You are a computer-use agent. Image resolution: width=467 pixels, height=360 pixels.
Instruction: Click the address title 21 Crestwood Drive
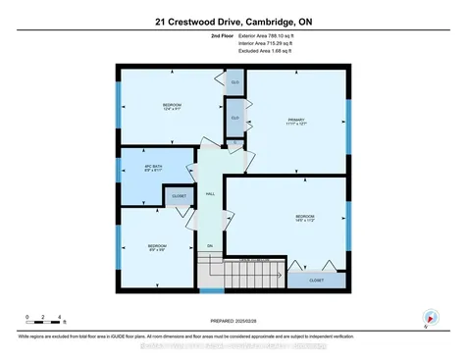233,21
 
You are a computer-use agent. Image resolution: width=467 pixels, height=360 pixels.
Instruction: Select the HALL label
209,193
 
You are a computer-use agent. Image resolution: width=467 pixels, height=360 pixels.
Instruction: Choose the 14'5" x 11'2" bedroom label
304,218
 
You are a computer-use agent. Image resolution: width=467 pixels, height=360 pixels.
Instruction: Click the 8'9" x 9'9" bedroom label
157,247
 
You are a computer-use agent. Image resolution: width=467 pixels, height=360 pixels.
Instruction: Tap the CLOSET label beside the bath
179,196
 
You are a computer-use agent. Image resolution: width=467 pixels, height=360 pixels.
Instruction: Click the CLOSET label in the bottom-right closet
316,280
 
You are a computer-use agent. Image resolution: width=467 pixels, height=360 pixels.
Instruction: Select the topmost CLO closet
234,81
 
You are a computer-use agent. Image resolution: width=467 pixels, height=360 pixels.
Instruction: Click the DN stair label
209,245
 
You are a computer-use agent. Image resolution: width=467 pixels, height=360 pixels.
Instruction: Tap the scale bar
45,319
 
